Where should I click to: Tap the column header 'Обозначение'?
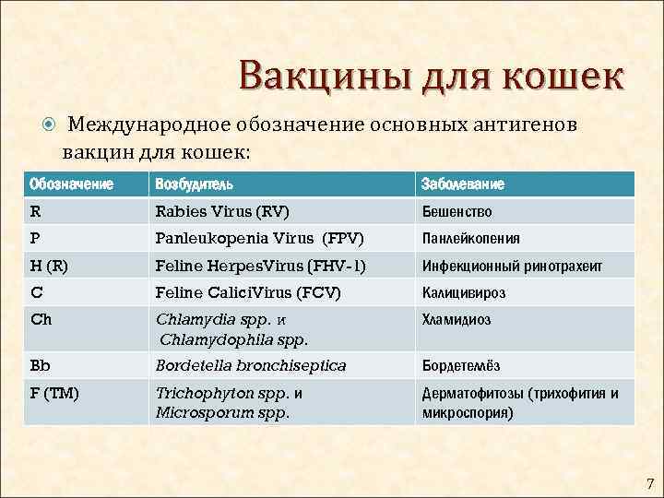click(x=71, y=184)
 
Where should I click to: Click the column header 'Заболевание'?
click(x=463, y=184)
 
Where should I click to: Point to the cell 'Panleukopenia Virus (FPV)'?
click(x=260, y=238)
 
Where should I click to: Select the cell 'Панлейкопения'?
click(x=470, y=239)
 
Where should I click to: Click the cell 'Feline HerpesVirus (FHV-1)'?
click(x=261, y=266)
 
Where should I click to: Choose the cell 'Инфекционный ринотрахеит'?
click(x=512, y=266)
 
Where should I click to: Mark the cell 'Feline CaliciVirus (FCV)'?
click(x=248, y=292)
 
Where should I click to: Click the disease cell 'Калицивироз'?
click(x=464, y=293)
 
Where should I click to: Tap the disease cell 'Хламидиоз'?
click(x=456, y=320)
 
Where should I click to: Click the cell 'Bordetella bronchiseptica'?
click(x=251, y=365)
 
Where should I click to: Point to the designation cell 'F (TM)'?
click(x=53, y=393)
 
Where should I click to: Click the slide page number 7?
click(x=648, y=483)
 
